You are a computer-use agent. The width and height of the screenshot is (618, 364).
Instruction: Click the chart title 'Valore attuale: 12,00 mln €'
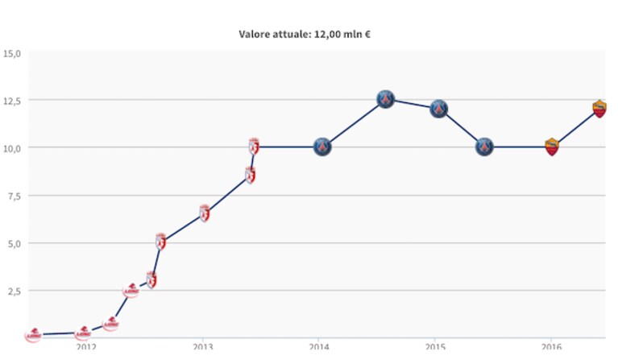coord(305,35)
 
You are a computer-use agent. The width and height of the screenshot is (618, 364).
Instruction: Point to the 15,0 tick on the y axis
coord(11,54)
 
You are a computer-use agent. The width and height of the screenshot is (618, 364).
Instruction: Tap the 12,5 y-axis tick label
coord(11,101)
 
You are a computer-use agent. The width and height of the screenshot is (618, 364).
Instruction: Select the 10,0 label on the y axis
coord(11,148)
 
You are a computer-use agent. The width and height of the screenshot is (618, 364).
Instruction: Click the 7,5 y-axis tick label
coord(14,196)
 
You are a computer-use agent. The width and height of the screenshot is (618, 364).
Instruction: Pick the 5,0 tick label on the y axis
coord(14,244)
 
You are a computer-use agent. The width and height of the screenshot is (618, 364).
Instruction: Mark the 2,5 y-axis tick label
coord(14,292)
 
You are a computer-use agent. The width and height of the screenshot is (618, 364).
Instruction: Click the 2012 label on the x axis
coord(86,346)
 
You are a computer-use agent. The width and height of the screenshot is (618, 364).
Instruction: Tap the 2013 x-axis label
coord(202,346)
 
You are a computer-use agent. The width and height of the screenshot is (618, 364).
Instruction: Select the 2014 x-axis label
coord(319,346)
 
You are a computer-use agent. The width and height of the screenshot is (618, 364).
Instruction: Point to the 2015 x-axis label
coord(435,346)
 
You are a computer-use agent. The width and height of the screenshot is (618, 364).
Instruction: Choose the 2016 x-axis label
coord(551,346)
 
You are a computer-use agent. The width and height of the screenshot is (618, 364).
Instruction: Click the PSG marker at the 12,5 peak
coord(385,99)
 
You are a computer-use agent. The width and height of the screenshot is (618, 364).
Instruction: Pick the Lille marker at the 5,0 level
coord(160,242)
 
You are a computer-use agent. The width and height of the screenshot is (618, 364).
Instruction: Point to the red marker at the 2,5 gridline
coord(131,291)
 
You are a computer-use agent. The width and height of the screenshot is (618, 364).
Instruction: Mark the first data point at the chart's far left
coord(34,335)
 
